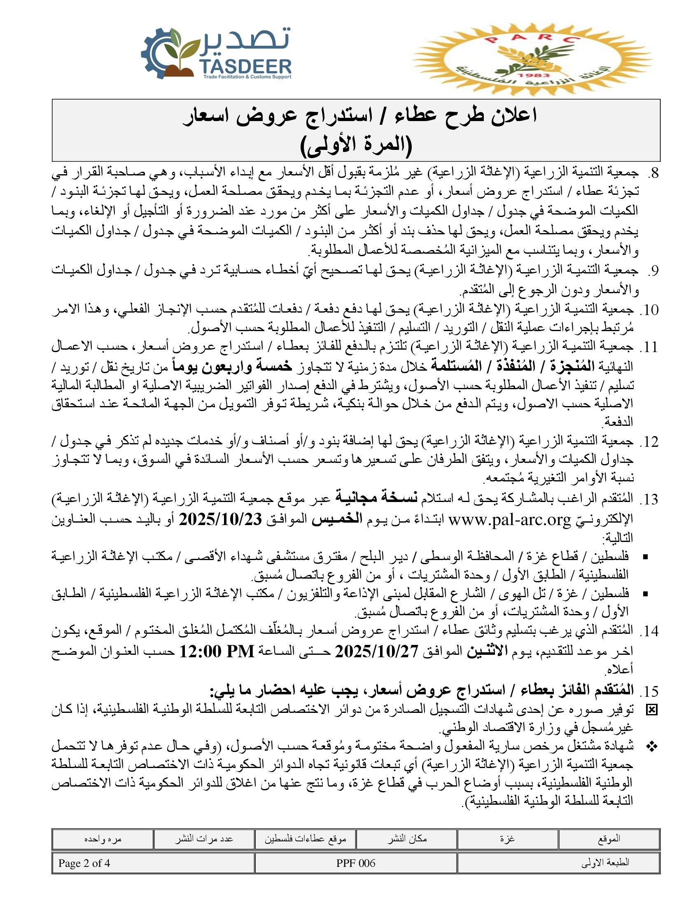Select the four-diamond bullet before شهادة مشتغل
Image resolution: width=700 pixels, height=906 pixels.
click(652, 747)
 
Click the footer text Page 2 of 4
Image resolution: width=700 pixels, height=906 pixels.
click(84, 863)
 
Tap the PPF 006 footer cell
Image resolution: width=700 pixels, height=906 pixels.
click(355, 863)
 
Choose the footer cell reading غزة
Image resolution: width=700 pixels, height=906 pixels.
click(507, 838)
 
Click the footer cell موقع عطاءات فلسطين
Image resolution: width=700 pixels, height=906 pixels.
click(306, 838)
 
